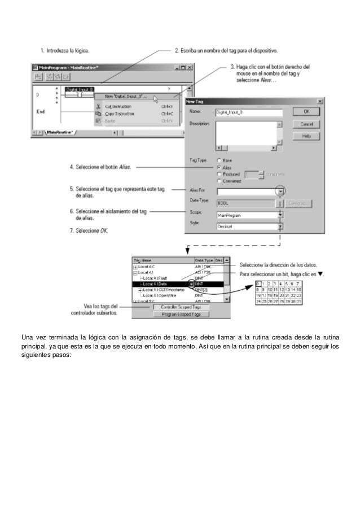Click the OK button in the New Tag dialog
[306, 112]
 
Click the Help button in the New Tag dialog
[306, 136]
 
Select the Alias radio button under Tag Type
[219, 168]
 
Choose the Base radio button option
[219, 161]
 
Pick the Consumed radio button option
[219, 181]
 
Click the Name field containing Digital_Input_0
[248, 112]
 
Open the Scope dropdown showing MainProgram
[280, 215]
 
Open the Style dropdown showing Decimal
[280, 226]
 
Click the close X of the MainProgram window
[190, 67]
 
